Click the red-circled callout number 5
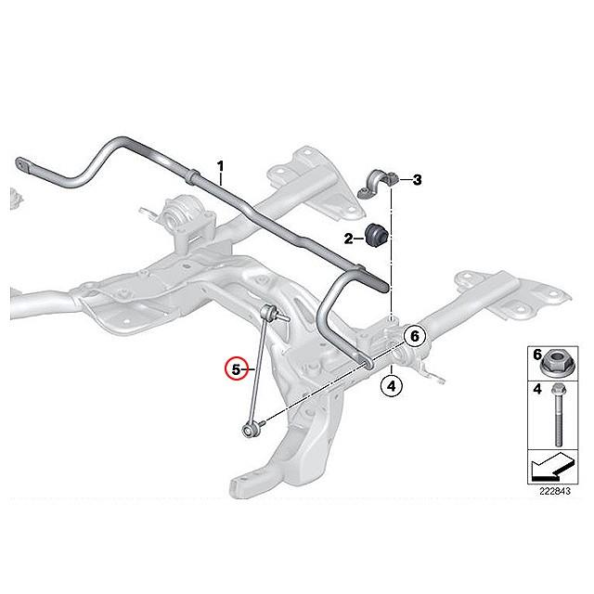tap(236, 368)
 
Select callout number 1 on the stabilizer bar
tap(220, 166)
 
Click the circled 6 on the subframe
tap(415, 336)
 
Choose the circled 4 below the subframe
tap(392, 386)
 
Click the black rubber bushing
tap(375, 234)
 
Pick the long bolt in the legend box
tap(557, 415)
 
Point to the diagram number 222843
tap(555, 491)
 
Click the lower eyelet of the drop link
tap(247, 430)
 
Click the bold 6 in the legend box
tap(537, 355)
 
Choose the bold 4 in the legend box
tap(537, 389)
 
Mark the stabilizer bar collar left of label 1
tap(193, 176)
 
